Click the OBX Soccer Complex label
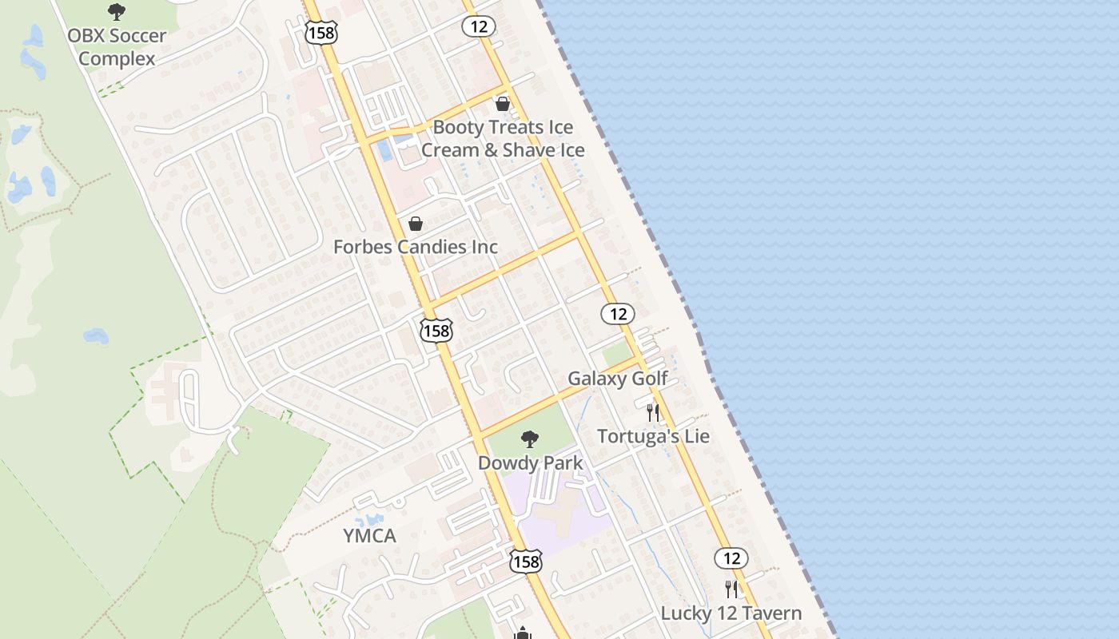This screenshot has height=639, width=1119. tap(117, 47)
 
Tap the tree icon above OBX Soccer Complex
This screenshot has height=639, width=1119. tap(117, 12)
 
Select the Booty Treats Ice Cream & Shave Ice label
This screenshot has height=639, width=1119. tap(503, 139)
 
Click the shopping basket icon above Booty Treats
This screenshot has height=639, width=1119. tap(503, 104)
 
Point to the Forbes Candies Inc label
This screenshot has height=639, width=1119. tap(416, 247)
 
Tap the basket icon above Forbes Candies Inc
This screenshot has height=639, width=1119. tap(416, 224)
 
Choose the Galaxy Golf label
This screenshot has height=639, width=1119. tap(617, 379)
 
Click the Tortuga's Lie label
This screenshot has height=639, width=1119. tap(653, 436)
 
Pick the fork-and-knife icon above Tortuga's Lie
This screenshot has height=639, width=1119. tap(653, 413)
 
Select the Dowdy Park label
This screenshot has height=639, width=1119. tap(530, 463)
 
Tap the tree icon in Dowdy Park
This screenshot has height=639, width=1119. tap(529, 439)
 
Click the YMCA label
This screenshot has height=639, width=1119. tap(369, 536)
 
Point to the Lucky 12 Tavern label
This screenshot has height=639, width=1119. tap(731, 613)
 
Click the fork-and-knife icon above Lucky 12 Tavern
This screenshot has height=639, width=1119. tap(731, 589)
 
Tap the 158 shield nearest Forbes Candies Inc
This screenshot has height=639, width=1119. tap(436, 331)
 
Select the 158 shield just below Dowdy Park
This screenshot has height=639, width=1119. tap(526, 562)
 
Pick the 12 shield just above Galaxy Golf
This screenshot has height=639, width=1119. tap(618, 314)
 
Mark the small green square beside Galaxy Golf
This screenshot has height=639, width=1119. tap(615, 354)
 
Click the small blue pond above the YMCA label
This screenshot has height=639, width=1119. tap(369, 520)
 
